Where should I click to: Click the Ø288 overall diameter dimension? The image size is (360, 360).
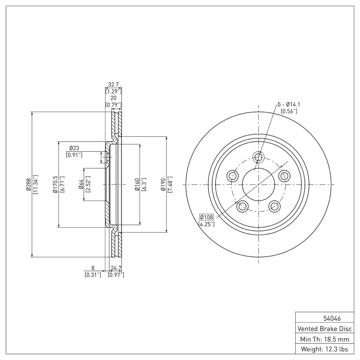click(x=28, y=184)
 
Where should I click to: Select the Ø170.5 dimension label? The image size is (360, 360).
click(x=55, y=184)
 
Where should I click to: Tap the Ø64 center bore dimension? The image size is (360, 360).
click(x=81, y=184)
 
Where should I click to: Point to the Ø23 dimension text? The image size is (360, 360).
click(x=74, y=148)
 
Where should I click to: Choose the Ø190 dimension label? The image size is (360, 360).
click(x=164, y=184)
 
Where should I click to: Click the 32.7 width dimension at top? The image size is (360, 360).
click(x=113, y=84)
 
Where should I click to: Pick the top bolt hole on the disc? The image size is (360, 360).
click(x=258, y=157)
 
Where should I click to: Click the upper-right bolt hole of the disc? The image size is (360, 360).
click(x=283, y=175)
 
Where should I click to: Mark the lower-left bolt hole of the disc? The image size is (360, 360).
click(x=243, y=206)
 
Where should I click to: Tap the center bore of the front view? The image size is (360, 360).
click(x=258, y=184)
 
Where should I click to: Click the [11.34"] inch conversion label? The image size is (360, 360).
click(x=36, y=184)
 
